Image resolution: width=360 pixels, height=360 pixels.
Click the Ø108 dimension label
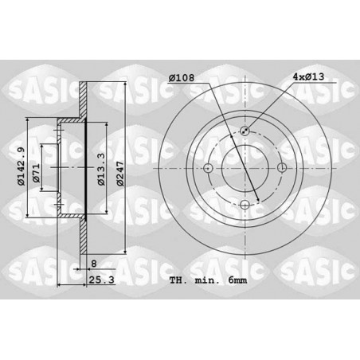tap(182, 78)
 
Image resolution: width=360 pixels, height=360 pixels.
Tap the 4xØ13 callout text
tap(308, 77)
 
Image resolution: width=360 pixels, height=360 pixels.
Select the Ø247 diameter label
tap(120, 174)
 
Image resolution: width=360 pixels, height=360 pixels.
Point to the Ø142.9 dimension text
tap(21, 166)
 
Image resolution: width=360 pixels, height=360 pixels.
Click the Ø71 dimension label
tap(36, 174)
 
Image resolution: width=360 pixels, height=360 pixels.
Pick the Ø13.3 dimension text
tap(101, 169)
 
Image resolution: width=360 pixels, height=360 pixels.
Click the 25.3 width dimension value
tap(101, 280)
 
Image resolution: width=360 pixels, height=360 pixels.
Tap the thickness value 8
tap(94, 264)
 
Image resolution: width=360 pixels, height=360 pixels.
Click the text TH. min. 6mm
tap(208, 280)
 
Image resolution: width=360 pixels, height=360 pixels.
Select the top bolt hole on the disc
tap(245, 131)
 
